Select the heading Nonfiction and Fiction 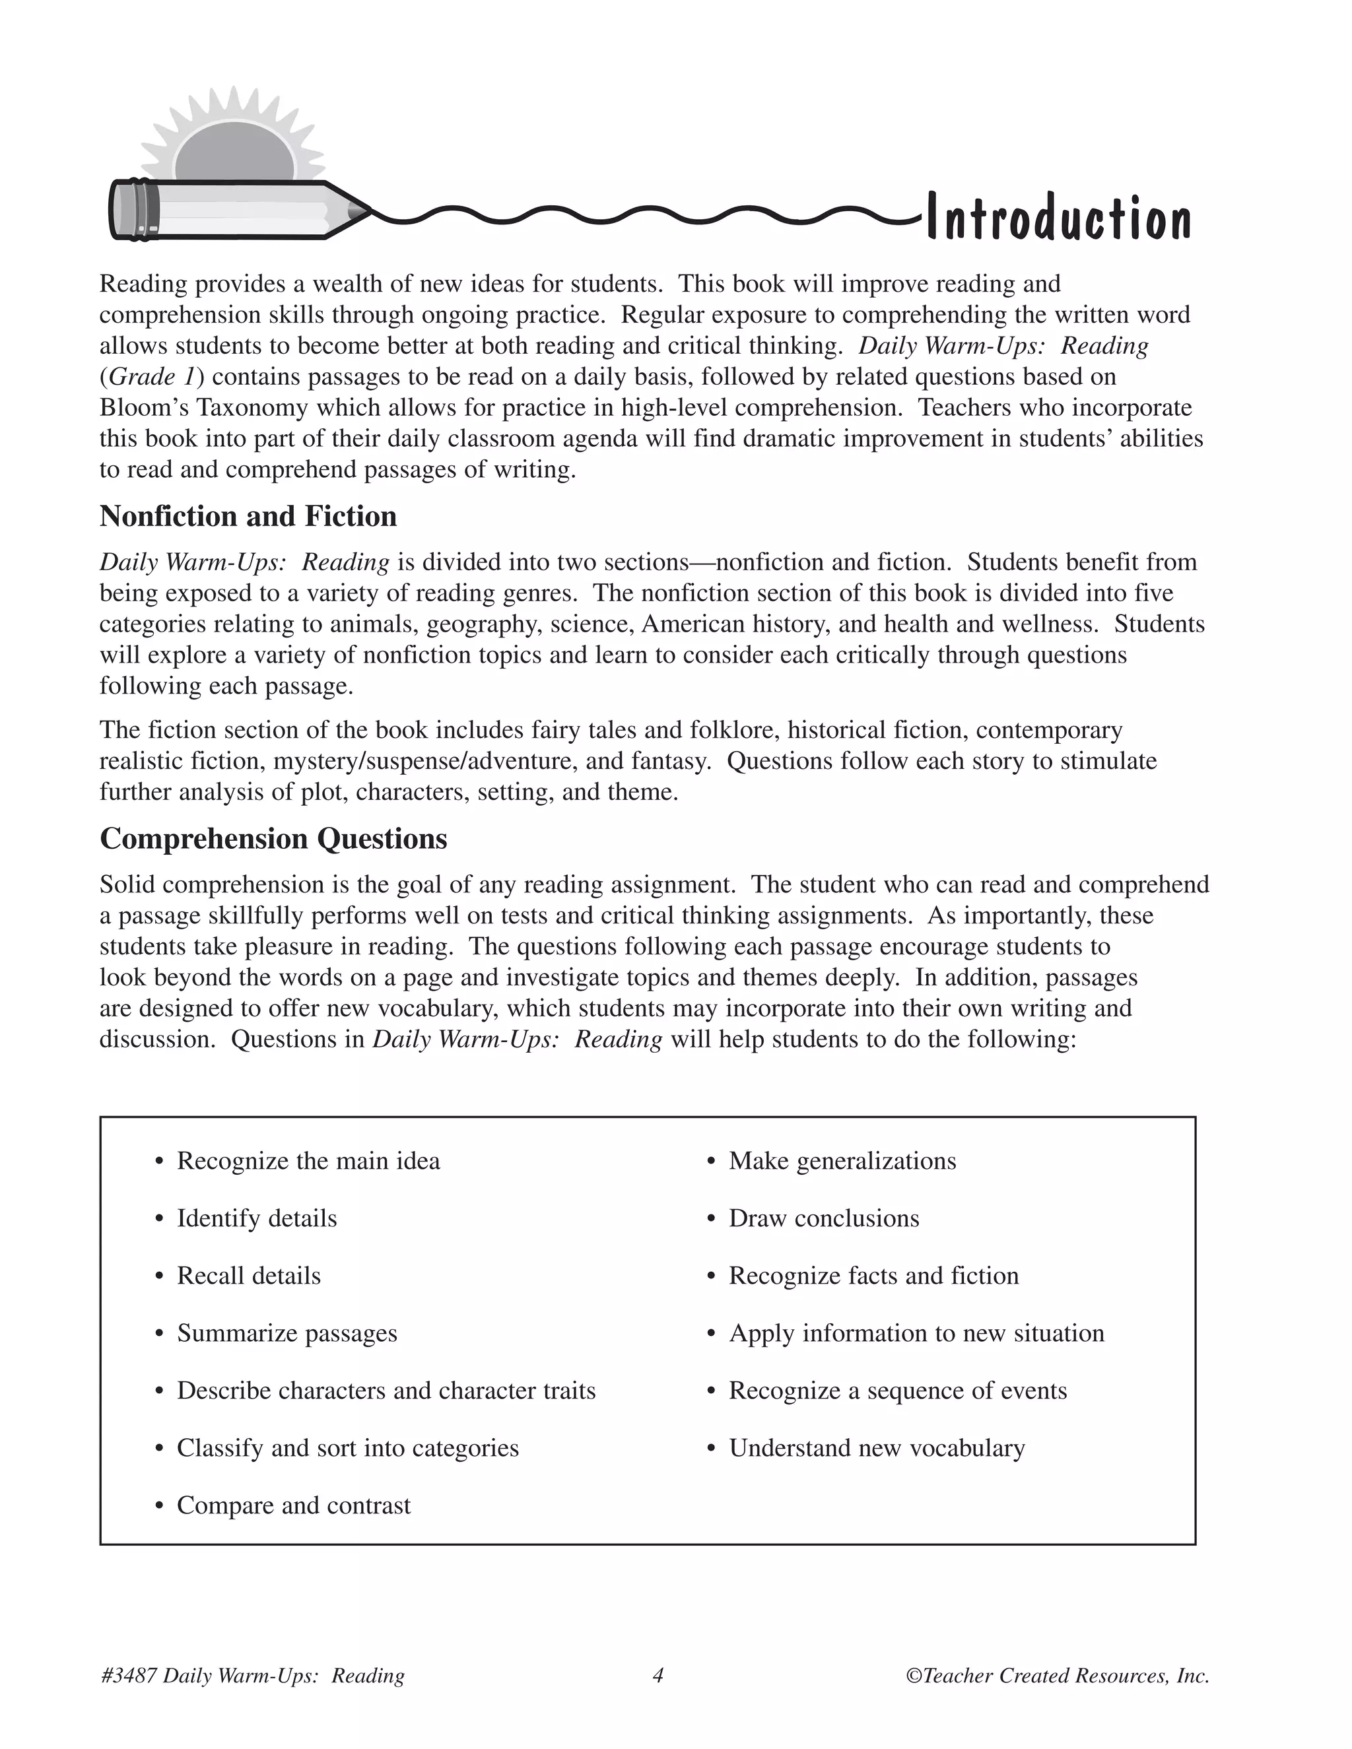click(248, 517)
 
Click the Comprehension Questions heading click(273, 838)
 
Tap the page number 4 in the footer click(658, 1675)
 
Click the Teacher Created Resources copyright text click(1058, 1675)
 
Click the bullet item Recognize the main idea click(308, 1160)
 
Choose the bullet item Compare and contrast click(293, 1505)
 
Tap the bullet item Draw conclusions click(823, 1218)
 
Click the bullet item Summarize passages click(287, 1333)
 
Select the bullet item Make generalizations click(842, 1160)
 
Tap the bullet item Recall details click(248, 1275)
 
